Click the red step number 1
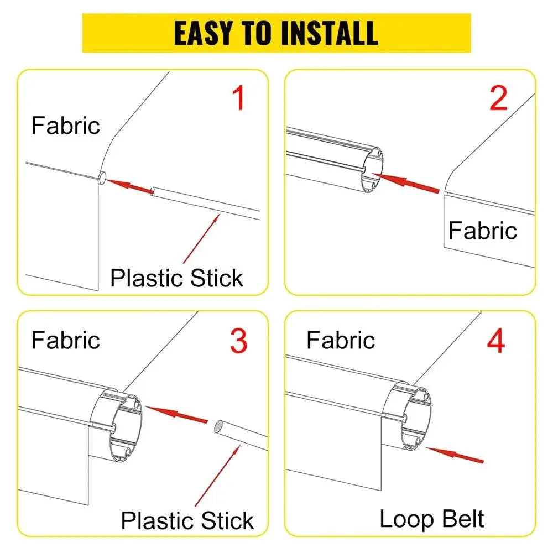coord(238,99)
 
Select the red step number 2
coord(498,98)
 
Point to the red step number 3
coord(238,341)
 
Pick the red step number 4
coord(495,341)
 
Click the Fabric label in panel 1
coord(66,126)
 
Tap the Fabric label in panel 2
coord(482,230)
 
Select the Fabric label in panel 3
coord(66,340)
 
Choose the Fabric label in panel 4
coord(341,340)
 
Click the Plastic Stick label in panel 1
coord(177,278)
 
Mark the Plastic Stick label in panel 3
coord(187,520)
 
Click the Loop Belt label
coord(432,519)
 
